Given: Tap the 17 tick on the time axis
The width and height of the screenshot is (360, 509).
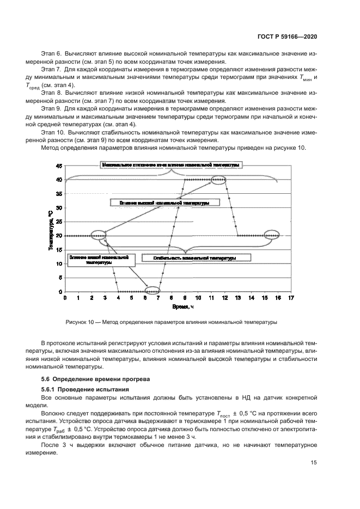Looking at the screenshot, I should [291, 298].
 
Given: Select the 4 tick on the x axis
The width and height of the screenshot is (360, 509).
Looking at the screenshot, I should [119, 298].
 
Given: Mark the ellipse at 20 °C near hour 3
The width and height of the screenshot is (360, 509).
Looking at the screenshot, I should [99, 236].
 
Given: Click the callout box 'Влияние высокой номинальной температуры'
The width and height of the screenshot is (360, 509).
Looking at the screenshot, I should [165, 202].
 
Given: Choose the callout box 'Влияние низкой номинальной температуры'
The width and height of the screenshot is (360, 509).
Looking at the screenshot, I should [98, 259].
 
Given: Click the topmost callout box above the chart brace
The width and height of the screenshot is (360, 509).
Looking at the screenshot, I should [170, 164].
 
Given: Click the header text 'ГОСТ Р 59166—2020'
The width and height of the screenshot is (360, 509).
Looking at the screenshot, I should [288, 36].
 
